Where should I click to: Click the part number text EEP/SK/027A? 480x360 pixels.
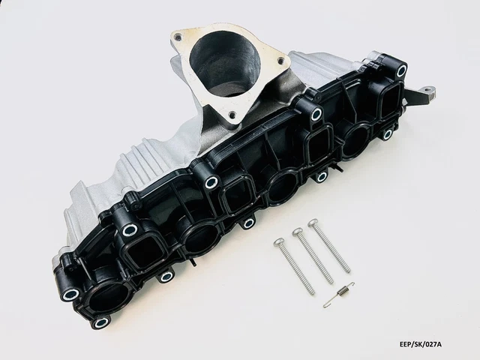pos(421,344)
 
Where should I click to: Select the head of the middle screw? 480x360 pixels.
pos(297,232)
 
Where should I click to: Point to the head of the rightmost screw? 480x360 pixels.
pos(313,223)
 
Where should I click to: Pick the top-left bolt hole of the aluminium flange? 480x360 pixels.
pos(176,37)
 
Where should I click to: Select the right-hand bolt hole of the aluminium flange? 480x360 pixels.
pos(280,61)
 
